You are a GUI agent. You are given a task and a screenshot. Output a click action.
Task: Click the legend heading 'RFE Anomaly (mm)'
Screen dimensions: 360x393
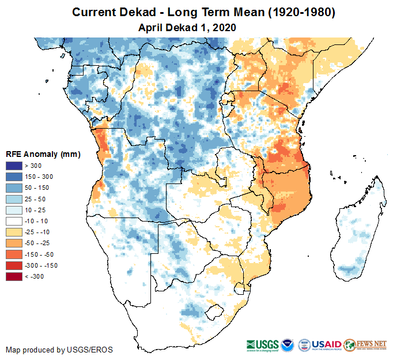tap(43, 154)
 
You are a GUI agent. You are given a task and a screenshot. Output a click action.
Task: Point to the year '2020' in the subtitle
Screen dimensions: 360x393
tap(225, 27)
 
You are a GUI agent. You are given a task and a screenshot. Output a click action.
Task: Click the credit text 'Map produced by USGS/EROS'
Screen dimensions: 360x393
tap(59, 350)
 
